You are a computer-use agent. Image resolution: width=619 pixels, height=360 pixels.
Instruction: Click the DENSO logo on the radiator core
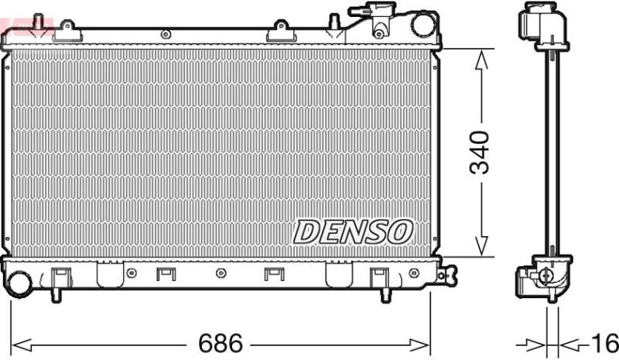[x=353, y=231]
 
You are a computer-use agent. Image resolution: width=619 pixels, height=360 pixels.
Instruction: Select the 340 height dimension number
[x=479, y=153]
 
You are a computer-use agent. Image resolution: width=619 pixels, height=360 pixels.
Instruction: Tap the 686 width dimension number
[x=221, y=343]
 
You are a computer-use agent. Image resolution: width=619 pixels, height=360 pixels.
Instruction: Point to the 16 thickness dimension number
[x=606, y=343]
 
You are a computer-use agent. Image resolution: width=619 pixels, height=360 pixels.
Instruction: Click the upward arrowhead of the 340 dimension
[x=481, y=61]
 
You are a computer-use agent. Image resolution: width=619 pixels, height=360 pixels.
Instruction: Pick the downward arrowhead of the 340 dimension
[x=481, y=245]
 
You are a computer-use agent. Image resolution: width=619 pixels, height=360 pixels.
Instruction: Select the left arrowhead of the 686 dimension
[x=22, y=345]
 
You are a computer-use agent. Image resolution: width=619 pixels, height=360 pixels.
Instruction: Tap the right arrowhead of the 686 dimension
[x=419, y=345]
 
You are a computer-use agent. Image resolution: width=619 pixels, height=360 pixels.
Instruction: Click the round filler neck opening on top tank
[x=422, y=25]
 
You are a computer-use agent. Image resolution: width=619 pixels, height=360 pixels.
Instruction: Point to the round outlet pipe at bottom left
[x=19, y=283]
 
